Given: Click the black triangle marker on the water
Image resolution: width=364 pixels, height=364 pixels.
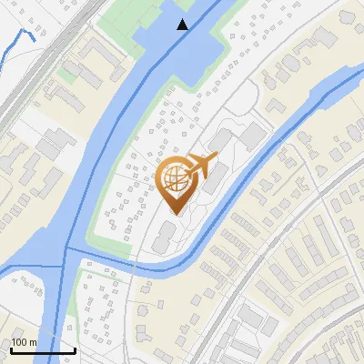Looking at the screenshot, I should (183, 25).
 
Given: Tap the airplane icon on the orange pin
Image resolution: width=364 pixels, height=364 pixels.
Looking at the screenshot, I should (201, 166).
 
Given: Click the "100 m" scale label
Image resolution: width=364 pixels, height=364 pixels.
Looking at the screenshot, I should (24, 342).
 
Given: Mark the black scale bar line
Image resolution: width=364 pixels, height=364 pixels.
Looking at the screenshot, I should (43, 350).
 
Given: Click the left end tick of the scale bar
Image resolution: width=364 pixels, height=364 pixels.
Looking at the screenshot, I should (11, 349).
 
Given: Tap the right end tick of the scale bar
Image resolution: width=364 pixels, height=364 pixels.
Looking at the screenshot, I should (75, 349).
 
